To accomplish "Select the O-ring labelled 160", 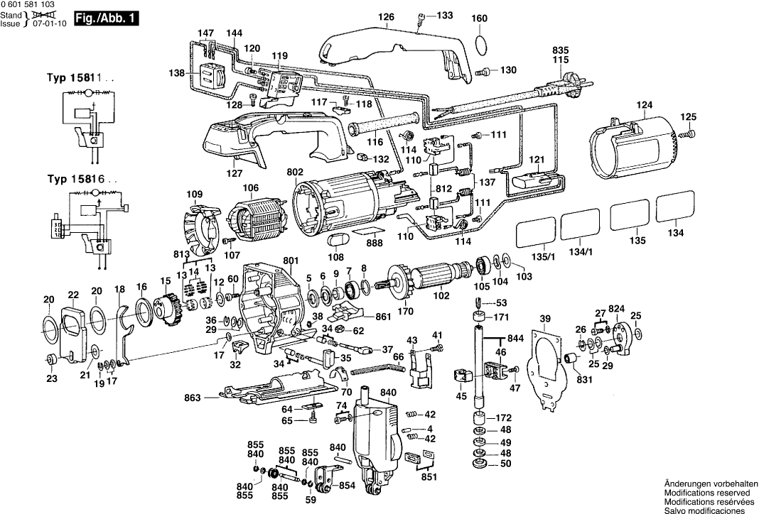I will [480, 44].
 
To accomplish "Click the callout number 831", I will [583, 380].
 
